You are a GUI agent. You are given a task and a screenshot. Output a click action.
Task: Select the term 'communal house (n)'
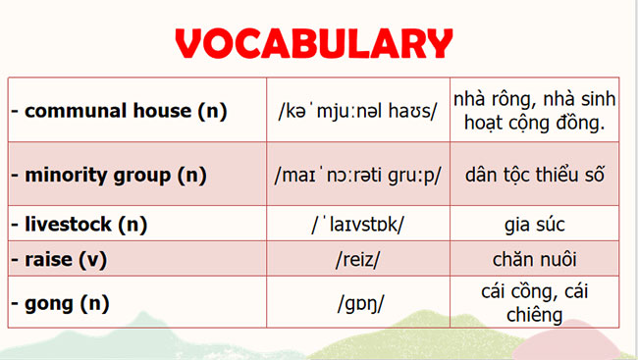point(119,111)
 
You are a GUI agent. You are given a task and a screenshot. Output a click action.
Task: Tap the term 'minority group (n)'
point(109,176)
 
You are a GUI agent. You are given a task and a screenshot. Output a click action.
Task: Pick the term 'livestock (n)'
point(79,224)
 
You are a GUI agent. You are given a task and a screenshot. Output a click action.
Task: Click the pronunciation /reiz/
point(358,260)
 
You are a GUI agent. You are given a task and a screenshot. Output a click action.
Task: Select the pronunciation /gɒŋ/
point(358,303)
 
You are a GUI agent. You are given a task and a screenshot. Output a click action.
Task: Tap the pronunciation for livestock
point(357,225)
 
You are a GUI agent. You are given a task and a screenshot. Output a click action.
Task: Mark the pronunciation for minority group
point(358,176)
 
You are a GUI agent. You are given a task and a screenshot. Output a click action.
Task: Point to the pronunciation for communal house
point(358,111)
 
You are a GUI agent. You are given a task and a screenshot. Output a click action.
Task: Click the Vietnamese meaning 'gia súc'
point(535,225)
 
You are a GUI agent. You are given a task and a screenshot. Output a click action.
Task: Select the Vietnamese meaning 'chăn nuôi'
point(535,260)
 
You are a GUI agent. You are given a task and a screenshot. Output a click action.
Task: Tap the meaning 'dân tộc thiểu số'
point(535,176)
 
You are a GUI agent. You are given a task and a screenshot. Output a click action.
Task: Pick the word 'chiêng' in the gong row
point(535,314)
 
